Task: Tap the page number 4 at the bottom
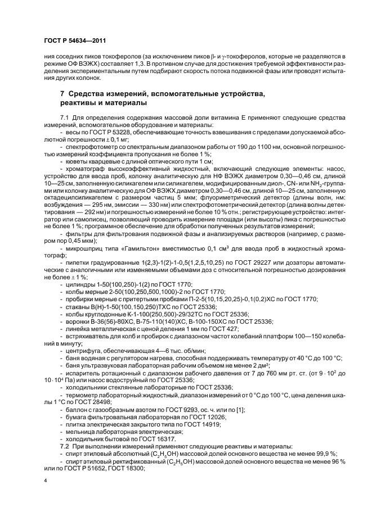coord(46,480)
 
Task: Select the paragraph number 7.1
coord(65,116)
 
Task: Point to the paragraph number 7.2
coord(65,445)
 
